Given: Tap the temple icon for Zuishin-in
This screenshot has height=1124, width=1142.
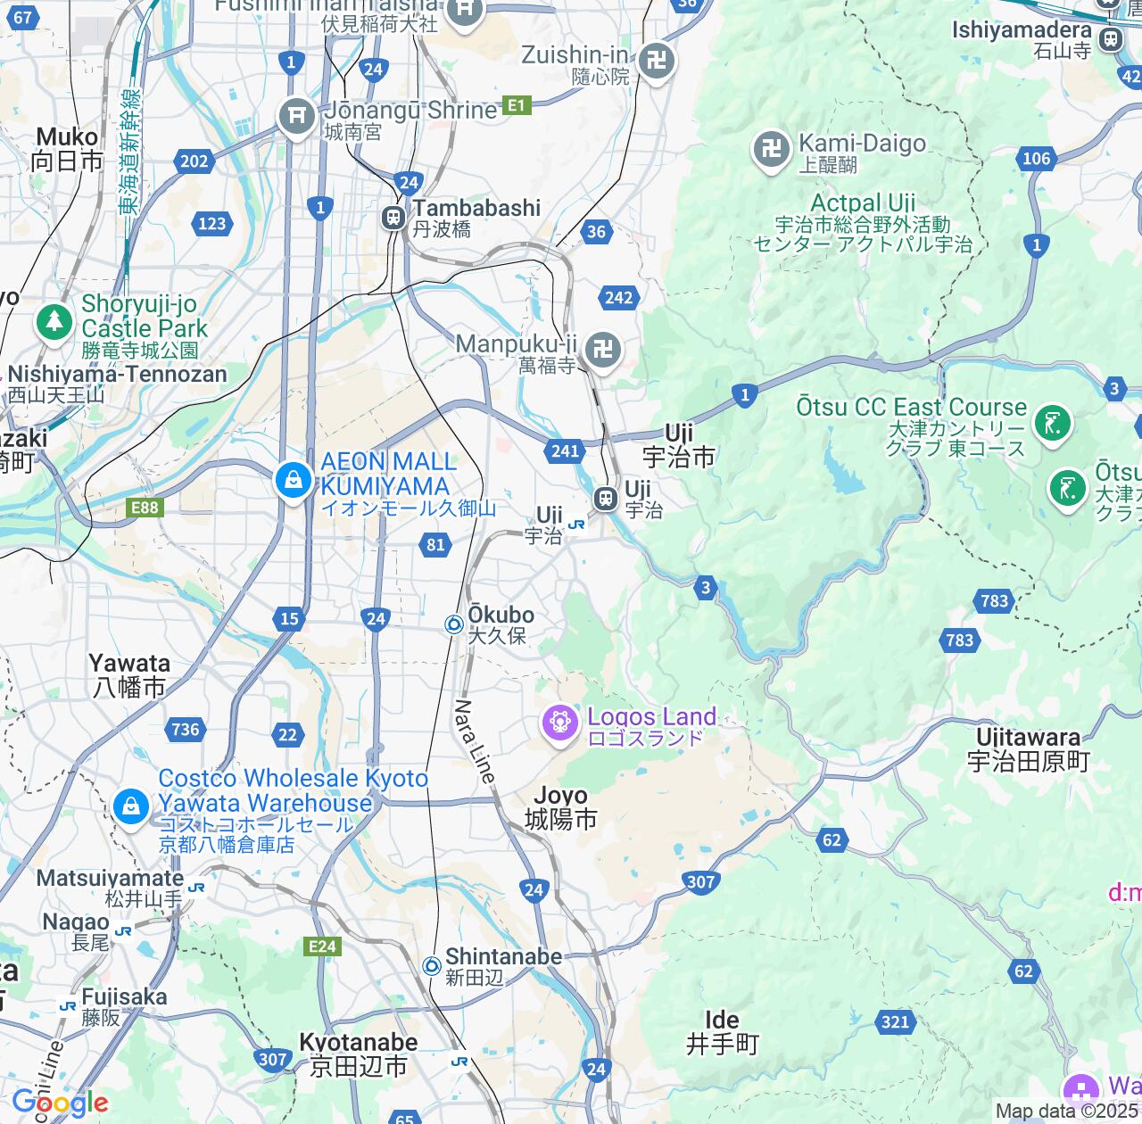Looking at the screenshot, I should coord(658,62).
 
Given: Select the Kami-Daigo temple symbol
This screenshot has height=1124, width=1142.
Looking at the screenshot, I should coord(772,149).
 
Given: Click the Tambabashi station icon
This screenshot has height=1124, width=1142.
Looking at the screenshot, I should coord(393,218).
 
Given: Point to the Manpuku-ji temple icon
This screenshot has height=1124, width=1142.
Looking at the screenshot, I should coord(604,351).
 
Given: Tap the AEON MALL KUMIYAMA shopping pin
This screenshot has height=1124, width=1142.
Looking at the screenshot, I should coord(293,482).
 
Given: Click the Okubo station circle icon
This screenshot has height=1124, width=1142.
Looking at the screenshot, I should coord(454,625).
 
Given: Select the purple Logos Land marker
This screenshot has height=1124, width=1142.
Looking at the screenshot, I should coord(560,722).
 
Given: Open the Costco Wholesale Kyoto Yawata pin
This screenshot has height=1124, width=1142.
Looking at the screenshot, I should coord(131,807).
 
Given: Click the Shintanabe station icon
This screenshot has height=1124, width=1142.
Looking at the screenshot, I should coord(432,966).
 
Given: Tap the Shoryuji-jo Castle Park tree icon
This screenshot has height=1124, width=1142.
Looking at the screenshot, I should coord(55,321).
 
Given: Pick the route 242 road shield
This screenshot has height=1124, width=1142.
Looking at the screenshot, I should coord(618,298).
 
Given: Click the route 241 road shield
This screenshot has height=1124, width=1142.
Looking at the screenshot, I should coord(565,451).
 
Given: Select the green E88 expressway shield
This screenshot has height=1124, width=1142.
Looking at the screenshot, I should coord(145,508).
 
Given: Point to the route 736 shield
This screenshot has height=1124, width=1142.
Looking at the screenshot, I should coord(186,730).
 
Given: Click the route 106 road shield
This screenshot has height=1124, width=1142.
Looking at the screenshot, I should coord(1036,159).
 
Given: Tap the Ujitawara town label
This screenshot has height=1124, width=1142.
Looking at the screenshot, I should coord(1028,749).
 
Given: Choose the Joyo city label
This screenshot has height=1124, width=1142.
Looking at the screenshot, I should coord(560,807).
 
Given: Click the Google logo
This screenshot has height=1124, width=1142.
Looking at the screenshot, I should coord(60,1103).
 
